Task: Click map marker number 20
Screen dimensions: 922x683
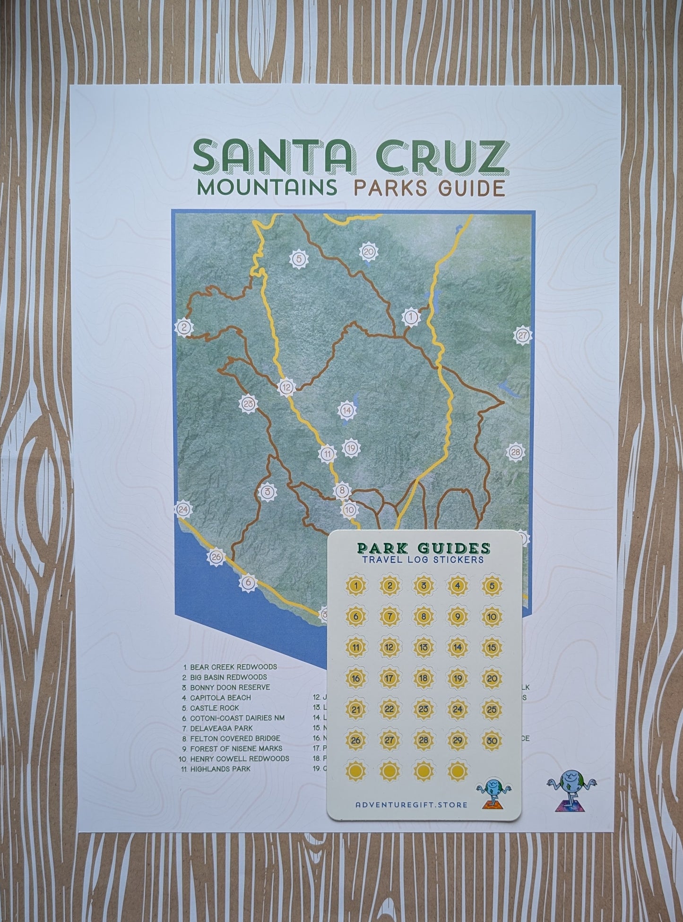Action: pyautogui.click(x=369, y=252)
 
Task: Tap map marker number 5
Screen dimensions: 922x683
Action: pyautogui.click(x=298, y=258)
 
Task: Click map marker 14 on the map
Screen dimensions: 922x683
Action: pyautogui.click(x=347, y=410)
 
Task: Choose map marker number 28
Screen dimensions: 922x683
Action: pyautogui.click(x=516, y=452)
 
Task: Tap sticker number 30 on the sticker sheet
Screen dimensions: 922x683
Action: pyautogui.click(x=492, y=741)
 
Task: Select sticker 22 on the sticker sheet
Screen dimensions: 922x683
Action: pyautogui.click(x=389, y=709)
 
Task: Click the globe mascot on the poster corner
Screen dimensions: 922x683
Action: pyautogui.click(x=571, y=793)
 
